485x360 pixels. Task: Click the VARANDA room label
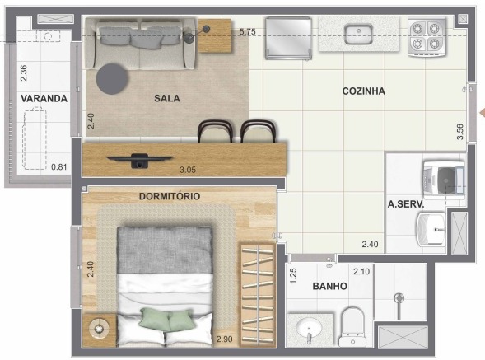(44, 98)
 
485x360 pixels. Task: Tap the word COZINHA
(364, 91)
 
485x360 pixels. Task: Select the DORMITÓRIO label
(170, 196)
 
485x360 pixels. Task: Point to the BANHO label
(329, 286)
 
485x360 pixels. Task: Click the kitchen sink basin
(359, 35)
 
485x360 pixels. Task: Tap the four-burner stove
(427, 37)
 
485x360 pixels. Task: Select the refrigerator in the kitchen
(288, 38)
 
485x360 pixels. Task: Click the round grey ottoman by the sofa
(112, 78)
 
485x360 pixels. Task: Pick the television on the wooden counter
(139, 160)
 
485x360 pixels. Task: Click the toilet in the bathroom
(352, 326)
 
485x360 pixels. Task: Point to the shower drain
(399, 298)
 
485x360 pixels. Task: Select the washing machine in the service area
(444, 180)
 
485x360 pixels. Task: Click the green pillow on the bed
(166, 319)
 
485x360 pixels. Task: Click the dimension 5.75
(248, 31)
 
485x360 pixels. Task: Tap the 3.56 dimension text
(460, 132)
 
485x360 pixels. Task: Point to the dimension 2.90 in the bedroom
(224, 339)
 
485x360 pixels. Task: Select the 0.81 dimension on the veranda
(59, 167)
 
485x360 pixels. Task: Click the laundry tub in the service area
(431, 229)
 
